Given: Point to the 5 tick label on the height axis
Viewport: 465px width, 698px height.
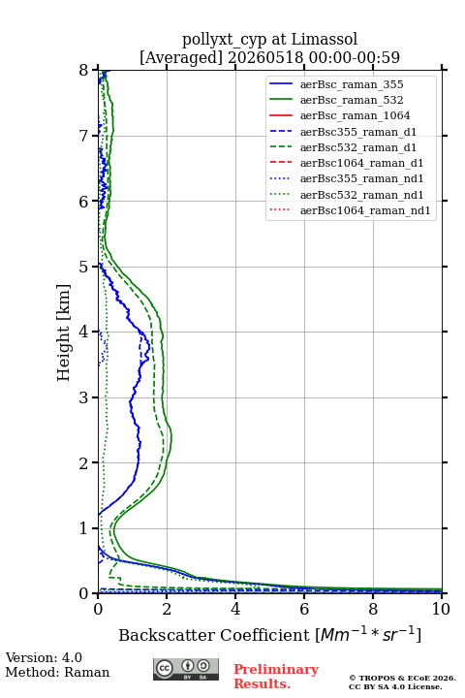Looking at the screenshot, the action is coord(83,268).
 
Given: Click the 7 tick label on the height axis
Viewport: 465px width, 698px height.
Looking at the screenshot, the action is coord(83,136).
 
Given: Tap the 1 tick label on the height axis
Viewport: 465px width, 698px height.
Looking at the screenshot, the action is coord(83,528).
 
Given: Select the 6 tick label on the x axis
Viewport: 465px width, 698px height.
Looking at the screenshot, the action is coord(304,609).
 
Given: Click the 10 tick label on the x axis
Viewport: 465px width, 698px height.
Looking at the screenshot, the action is coord(441,609).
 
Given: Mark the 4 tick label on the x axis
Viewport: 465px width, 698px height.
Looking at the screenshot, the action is coord(235,609).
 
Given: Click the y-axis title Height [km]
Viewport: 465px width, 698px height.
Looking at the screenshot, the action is coord(64,333).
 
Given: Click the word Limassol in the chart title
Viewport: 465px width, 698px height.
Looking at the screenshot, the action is coord(324,39).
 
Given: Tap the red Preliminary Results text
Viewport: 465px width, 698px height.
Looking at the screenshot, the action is coord(276,677).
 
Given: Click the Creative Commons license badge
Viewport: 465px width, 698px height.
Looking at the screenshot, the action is coord(186,669).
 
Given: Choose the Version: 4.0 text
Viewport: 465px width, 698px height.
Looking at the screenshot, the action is coord(44,657).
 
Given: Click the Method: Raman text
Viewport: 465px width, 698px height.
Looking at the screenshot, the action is coord(57,672).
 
